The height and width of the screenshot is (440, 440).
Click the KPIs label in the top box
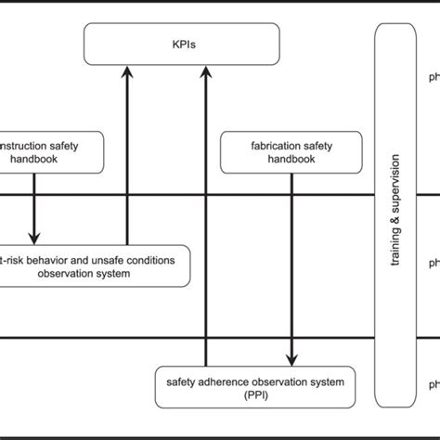[182, 43]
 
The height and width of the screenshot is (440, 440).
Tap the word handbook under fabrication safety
[292, 159]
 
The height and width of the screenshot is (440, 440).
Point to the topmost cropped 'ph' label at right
[432, 78]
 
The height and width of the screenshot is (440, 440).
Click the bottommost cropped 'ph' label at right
[432, 383]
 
